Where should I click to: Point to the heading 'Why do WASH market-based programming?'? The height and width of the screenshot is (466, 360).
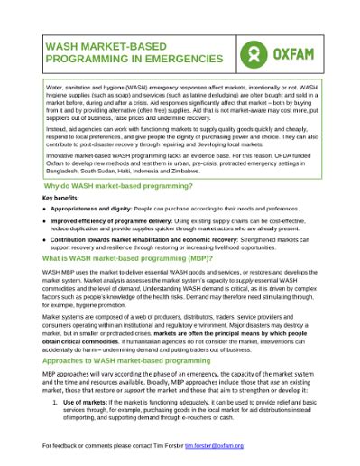[117, 184]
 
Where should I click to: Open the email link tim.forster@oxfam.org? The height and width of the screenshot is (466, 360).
[215, 445]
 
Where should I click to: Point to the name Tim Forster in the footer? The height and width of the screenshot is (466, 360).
[167, 445]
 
